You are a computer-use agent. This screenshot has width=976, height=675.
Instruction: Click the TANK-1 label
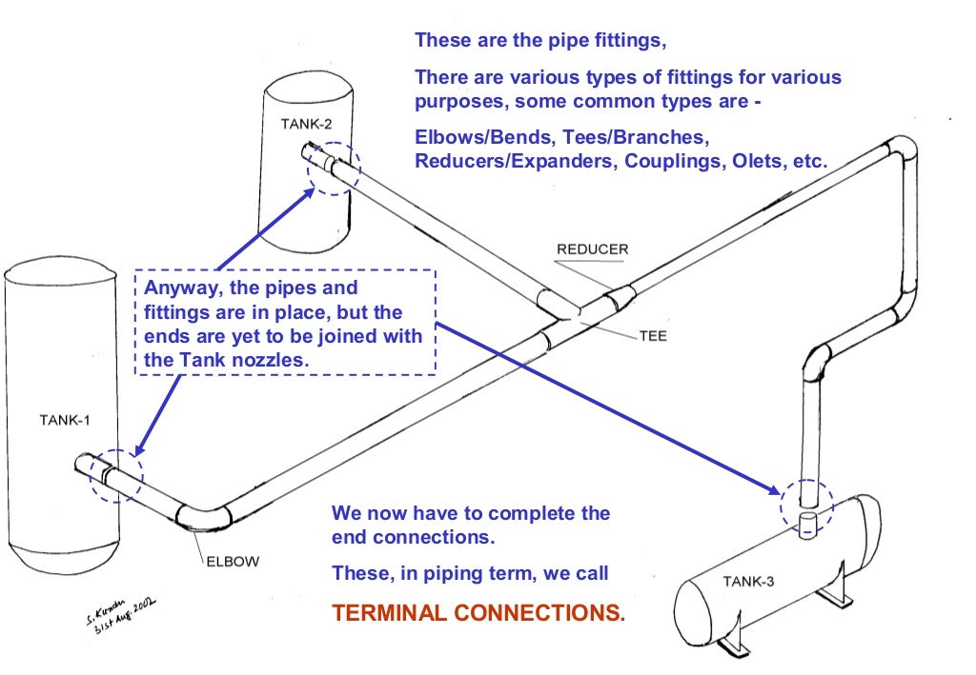coord(65,419)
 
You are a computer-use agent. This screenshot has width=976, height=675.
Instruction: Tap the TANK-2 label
coord(307,124)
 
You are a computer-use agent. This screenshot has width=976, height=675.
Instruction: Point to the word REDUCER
coord(592,249)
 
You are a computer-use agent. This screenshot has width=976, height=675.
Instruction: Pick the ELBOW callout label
coord(232,561)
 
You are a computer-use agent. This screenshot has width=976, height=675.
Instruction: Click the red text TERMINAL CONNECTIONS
coord(478,612)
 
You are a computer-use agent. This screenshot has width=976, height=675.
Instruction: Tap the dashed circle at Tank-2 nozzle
coord(330,168)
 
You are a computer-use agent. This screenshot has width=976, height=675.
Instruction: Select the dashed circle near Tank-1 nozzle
coord(115,474)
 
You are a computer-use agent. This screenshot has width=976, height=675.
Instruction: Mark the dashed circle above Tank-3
coord(806,503)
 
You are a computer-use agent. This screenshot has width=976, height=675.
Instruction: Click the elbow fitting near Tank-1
coord(202,518)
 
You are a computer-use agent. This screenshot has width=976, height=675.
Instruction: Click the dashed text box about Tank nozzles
coord(285,324)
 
